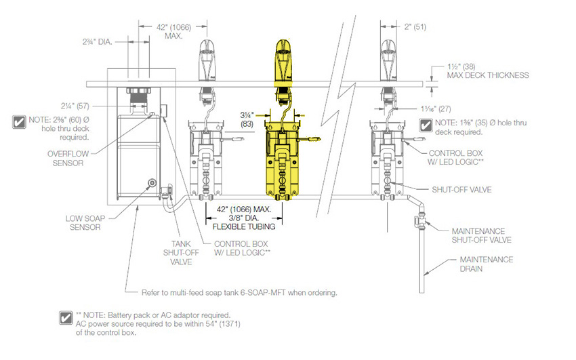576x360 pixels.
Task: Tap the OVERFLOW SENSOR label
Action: click(x=68, y=159)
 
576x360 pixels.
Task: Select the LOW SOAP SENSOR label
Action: click(x=85, y=222)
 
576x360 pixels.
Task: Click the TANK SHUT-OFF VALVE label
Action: click(x=181, y=253)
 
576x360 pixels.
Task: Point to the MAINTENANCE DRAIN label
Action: click(x=487, y=264)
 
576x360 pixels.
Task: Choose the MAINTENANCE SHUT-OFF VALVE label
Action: click(x=481, y=235)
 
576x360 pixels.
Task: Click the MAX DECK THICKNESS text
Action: click(x=488, y=75)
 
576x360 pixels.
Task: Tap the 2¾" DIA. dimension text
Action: click(x=97, y=41)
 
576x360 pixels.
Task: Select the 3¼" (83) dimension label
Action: click(x=247, y=120)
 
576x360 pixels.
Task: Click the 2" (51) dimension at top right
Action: click(x=415, y=27)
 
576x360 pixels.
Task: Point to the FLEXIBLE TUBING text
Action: click(x=244, y=226)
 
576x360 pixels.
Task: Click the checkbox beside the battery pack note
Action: click(x=66, y=318)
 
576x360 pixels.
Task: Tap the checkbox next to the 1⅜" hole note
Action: click(x=426, y=125)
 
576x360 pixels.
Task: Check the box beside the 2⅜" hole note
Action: click(x=19, y=122)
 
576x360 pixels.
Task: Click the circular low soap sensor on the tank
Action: click(x=151, y=182)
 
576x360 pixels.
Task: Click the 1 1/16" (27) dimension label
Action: click(x=436, y=108)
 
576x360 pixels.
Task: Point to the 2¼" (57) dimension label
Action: click(x=75, y=106)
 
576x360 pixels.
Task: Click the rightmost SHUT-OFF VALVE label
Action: click(x=461, y=190)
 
